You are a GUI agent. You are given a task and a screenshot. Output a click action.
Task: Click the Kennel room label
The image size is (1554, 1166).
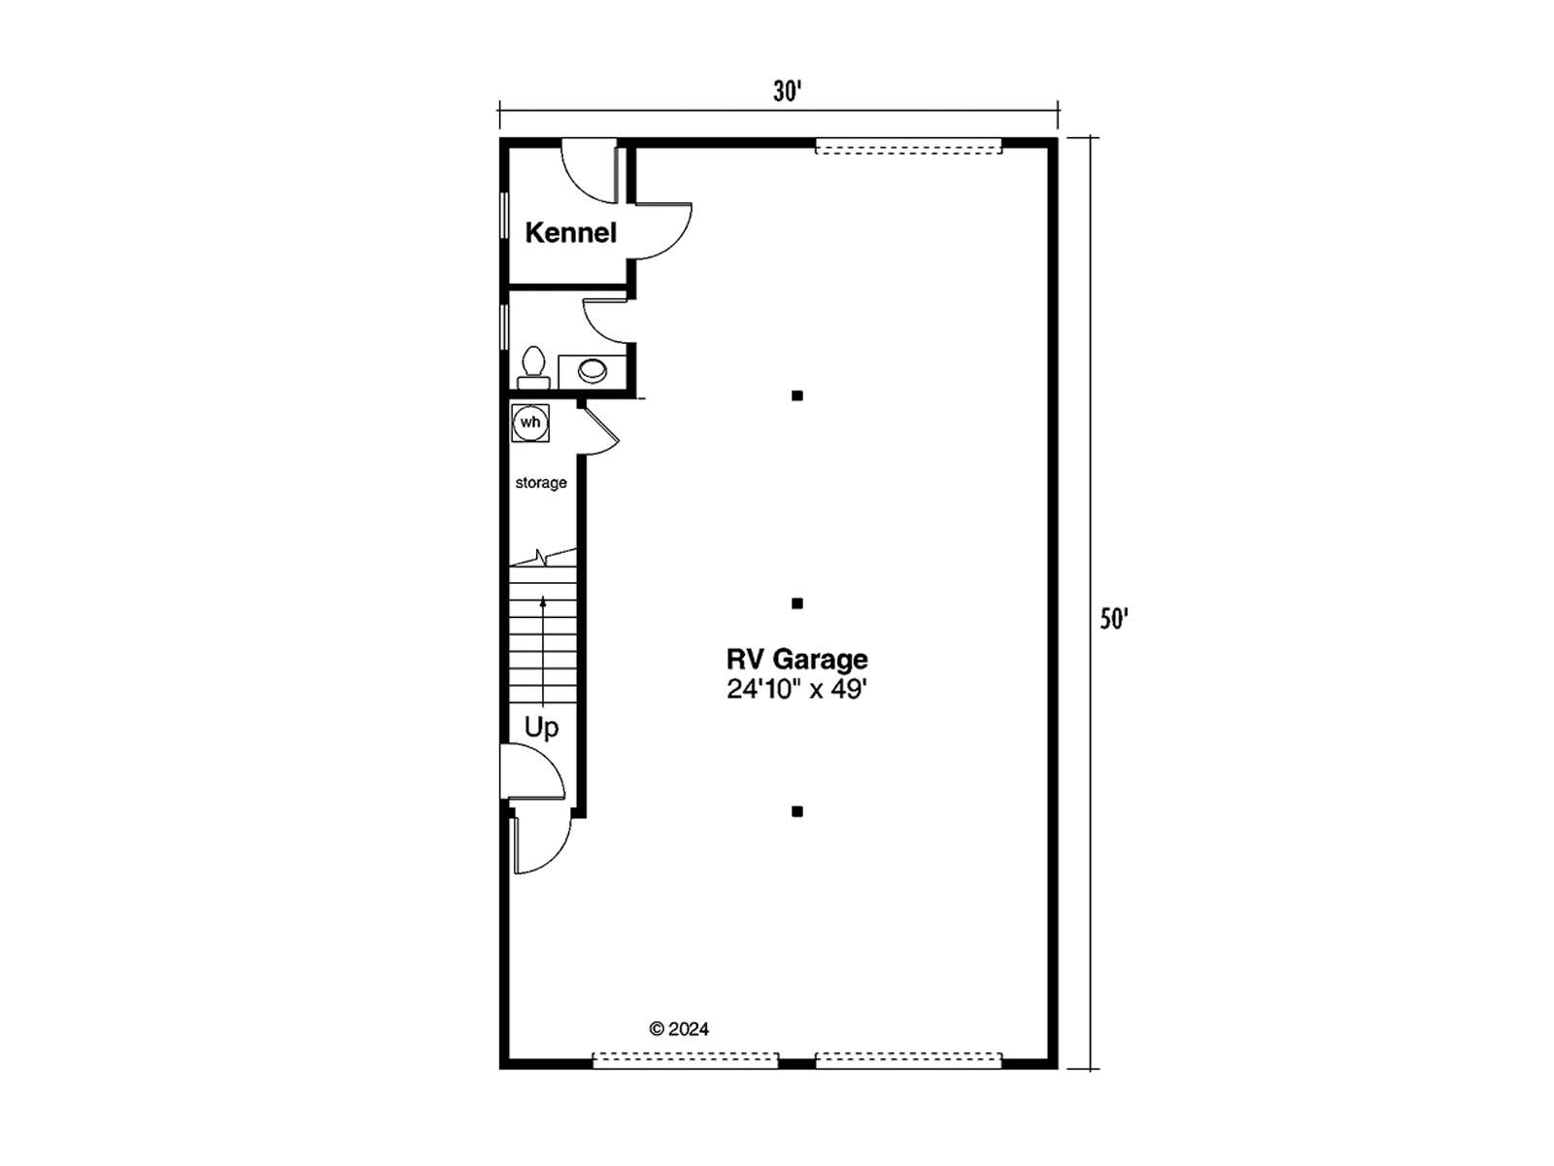pyautogui.click(x=571, y=232)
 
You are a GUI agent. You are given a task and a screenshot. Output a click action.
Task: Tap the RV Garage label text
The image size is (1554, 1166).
pyautogui.click(x=797, y=659)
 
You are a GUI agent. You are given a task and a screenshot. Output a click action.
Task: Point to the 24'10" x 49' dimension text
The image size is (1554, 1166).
pyautogui.click(x=797, y=689)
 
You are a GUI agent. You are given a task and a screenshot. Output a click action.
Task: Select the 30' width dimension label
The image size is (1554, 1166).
pyautogui.click(x=787, y=91)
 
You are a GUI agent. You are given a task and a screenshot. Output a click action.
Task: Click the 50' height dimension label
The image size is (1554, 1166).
pyautogui.click(x=1113, y=620)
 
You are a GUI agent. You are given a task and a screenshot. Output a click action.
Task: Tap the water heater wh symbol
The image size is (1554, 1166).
pyautogui.click(x=530, y=423)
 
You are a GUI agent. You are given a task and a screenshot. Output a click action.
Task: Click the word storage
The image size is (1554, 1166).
pyautogui.click(x=541, y=483)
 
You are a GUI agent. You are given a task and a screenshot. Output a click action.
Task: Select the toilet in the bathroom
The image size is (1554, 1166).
pyautogui.click(x=533, y=367)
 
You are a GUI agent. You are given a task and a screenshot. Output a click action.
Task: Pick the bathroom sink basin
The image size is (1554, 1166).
pyautogui.click(x=592, y=370)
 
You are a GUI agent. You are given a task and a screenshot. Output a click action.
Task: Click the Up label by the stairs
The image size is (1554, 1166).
pyautogui.click(x=542, y=728)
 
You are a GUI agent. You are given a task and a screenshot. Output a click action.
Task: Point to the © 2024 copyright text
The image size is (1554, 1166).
pyautogui.click(x=680, y=1029)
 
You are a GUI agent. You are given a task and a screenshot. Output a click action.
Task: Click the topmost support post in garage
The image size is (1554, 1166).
pyautogui.click(x=797, y=395)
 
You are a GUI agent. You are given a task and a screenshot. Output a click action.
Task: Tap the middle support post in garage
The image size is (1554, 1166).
pyautogui.click(x=797, y=603)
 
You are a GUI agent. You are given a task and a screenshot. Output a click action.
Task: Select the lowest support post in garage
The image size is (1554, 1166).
pyautogui.click(x=797, y=811)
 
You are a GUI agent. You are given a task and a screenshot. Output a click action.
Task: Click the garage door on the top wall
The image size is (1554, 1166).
pyautogui.click(x=909, y=147)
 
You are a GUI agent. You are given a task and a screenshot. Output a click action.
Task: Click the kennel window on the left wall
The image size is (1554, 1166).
pyautogui.click(x=505, y=215)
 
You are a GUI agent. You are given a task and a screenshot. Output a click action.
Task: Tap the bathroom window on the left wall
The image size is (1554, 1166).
pyautogui.click(x=505, y=326)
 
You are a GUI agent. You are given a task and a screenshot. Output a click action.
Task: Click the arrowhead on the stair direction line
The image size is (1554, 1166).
pyautogui.click(x=543, y=601)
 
